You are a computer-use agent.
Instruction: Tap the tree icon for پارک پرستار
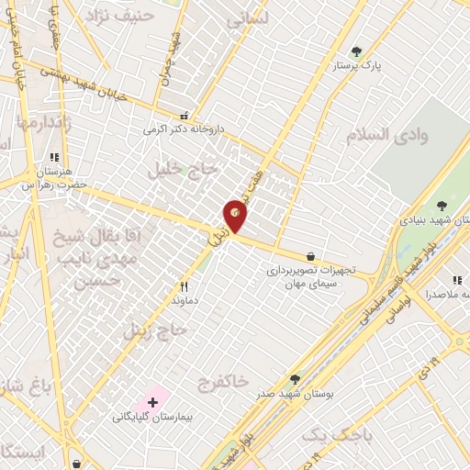pyautogui.click(x=357, y=51)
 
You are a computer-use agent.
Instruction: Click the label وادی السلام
pyautogui.click(x=386, y=135)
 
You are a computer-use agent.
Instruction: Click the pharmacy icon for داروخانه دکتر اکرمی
pyautogui.click(x=185, y=116)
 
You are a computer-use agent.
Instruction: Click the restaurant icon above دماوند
pyautogui.click(x=184, y=286)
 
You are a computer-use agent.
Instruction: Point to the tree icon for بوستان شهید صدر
pyautogui.click(x=295, y=378)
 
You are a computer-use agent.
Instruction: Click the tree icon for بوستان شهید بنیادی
pyautogui.click(x=442, y=206)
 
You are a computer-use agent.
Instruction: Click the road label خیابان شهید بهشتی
pyautogui.click(x=83, y=83)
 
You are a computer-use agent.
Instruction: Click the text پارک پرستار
pyautogui.click(x=357, y=67)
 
